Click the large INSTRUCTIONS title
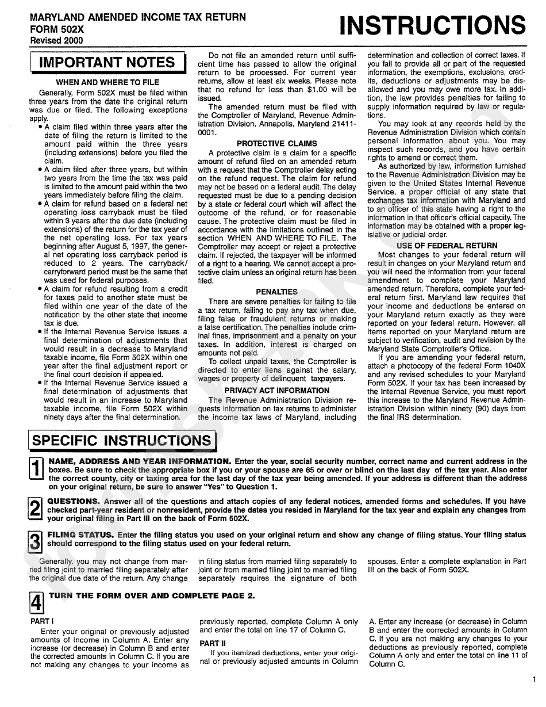432,26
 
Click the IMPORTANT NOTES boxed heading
107,63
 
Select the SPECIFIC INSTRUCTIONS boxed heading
122,441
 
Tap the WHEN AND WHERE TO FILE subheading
107,82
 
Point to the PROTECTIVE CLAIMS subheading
277,143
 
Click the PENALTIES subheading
277,292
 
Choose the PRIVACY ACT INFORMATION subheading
277,391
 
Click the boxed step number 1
36,469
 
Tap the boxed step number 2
36,509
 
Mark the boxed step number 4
36,603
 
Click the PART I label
42,622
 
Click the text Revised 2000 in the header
56,40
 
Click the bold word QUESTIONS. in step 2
74,501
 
